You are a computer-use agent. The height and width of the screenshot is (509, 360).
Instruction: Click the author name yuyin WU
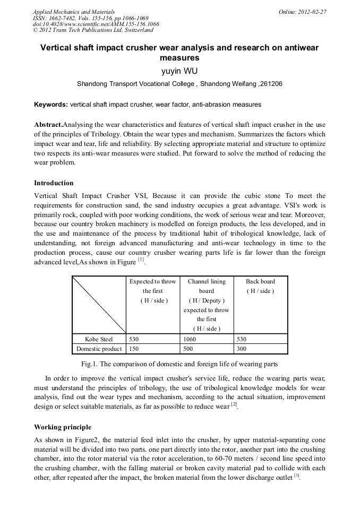pyautogui.click(x=179, y=70)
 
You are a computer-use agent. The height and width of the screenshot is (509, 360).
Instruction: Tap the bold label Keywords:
pyautogui.click(x=51, y=105)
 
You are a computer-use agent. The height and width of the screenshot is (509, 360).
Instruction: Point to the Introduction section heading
pyautogui.click(x=54, y=183)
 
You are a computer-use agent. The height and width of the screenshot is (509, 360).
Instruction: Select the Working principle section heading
pyautogui.click(x=63, y=427)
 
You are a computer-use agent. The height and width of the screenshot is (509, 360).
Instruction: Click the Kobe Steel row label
pyautogui.click(x=99, y=339)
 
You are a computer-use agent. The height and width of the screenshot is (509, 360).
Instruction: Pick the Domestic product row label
pyautogui.click(x=99, y=349)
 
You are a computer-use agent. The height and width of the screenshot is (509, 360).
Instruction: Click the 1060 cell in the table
pyautogui.click(x=190, y=339)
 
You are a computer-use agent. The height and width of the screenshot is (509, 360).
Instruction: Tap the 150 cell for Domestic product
pyautogui.click(x=134, y=349)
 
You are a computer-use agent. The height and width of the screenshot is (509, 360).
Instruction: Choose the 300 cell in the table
pyautogui.click(x=242, y=349)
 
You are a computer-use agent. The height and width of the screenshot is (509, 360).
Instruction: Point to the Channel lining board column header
pyautogui.click(x=207, y=286)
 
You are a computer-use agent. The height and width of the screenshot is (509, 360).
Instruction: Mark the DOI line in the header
pyautogui.click(x=96, y=24)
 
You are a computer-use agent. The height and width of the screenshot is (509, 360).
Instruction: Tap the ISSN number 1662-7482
pyautogui.click(x=62, y=18)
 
